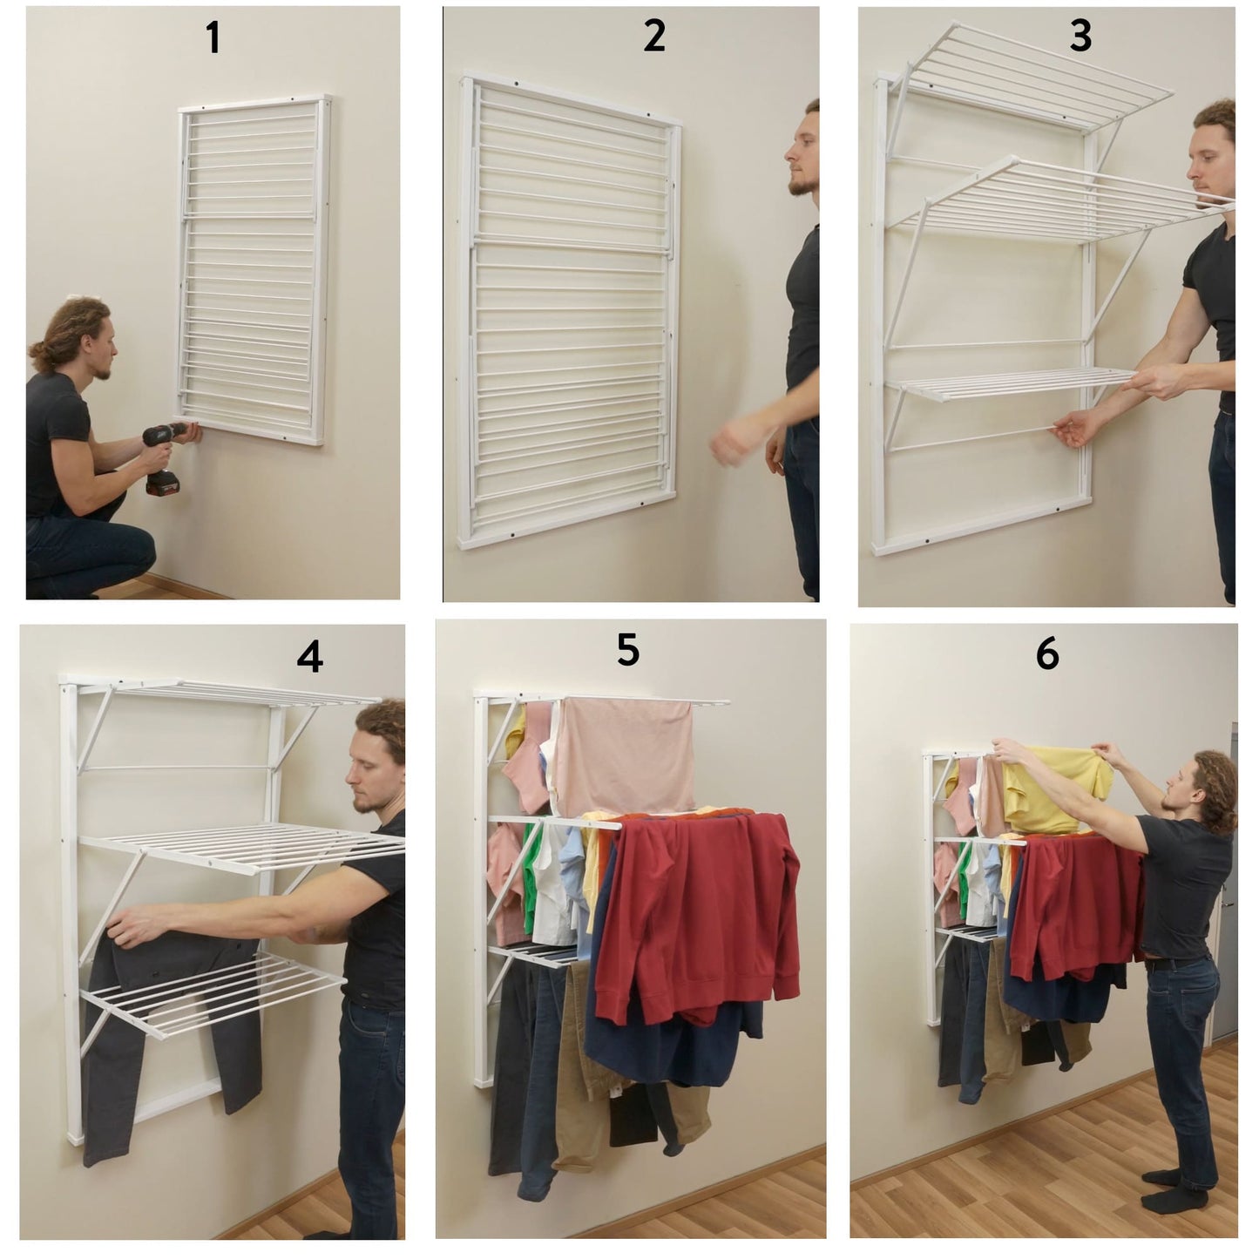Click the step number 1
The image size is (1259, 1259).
[213, 37]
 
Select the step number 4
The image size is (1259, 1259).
[309, 656]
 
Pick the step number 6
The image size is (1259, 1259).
[1046, 653]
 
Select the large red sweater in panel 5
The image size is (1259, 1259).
[699, 911]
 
